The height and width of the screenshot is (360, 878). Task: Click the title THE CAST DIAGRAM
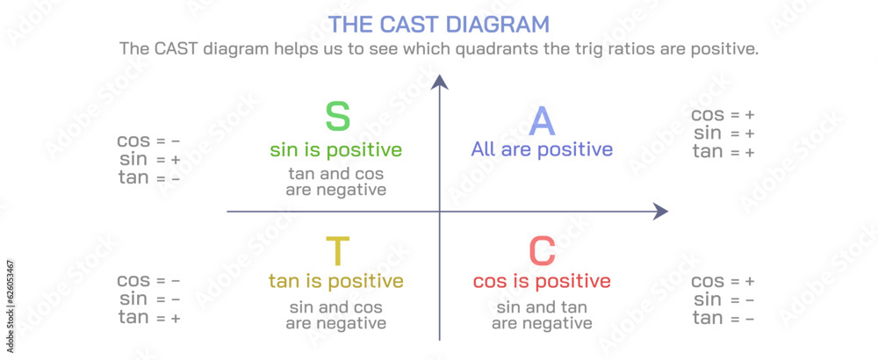[438, 24]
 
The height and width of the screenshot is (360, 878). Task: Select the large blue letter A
[543, 120]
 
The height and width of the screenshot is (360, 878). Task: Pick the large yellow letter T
[337, 252]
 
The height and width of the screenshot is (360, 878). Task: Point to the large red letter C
[542, 252]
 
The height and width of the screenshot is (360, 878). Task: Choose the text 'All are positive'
[542, 149]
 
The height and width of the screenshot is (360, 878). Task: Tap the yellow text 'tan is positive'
[336, 281]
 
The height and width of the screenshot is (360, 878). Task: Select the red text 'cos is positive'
[542, 281]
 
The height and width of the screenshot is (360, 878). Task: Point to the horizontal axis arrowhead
[660, 212]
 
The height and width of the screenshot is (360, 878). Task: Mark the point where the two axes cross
[440, 212]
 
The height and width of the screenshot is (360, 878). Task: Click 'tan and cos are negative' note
[336, 181]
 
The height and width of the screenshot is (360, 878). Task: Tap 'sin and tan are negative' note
[542, 315]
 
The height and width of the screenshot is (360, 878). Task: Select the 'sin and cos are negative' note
[336, 315]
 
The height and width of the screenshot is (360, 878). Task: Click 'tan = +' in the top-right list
[723, 152]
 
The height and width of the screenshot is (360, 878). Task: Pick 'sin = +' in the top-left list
[150, 160]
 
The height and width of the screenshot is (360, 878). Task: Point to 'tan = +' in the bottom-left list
[149, 318]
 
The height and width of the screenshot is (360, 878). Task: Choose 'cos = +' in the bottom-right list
[723, 281]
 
